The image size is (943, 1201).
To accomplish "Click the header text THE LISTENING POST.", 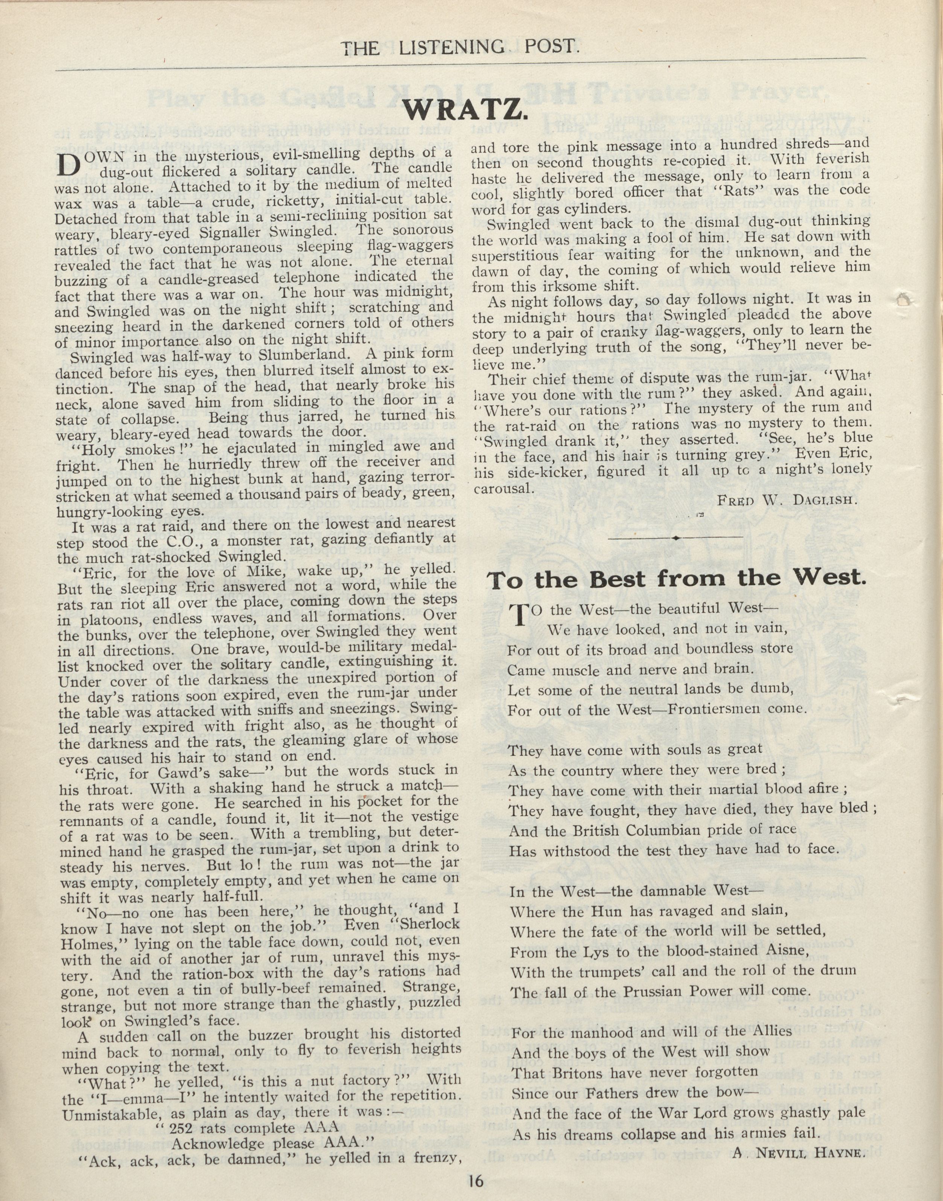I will [461, 48].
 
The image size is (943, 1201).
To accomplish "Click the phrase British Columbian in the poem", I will [631, 830].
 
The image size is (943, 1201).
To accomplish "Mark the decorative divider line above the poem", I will [676, 537].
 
